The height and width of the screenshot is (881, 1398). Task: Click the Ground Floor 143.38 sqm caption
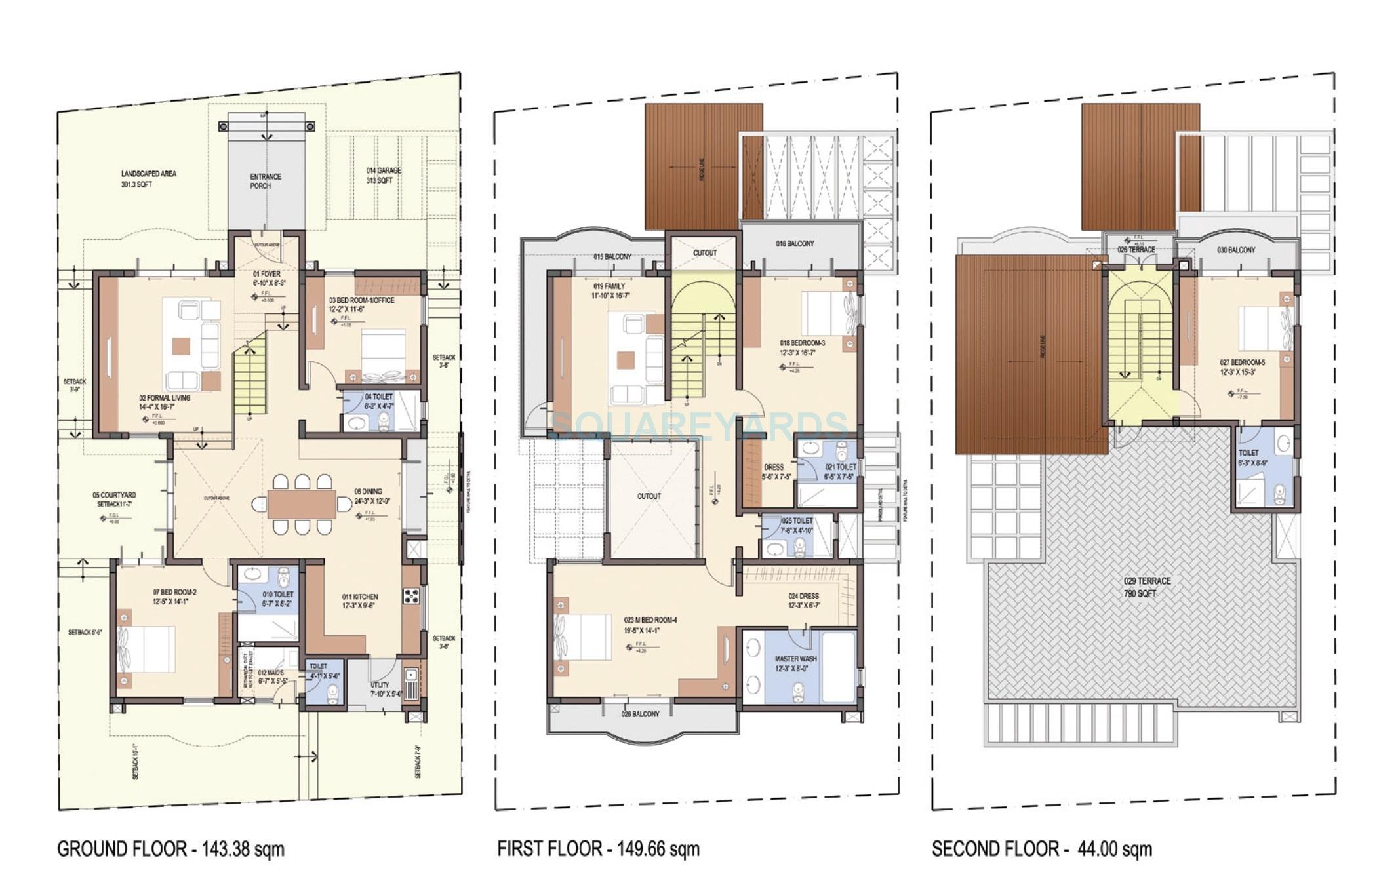pyautogui.click(x=170, y=850)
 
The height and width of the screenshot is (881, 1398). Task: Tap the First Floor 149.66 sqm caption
pyautogui.click(x=598, y=850)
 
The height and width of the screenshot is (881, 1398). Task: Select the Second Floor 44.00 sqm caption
pyautogui.click(x=1041, y=850)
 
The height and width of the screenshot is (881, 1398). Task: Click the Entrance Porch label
pyautogui.click(x=266, y=181)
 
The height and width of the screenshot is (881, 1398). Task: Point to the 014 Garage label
pyautogui.click(x=384, y=175)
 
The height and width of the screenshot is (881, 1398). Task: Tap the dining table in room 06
pyautogui.click(x=302, y=504)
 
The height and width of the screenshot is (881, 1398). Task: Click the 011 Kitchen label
pyautogui.click(x=360, y=601)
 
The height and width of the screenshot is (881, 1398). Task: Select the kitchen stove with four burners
pyautogui.click(x=411, y=597)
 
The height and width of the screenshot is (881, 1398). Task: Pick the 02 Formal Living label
pyautogui.click(x=165, y=402)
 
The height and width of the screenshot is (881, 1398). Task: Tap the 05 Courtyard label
pyautogui.click(x=114, y=499)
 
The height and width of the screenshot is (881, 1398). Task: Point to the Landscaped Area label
pyautogui.click(x=148, y=179)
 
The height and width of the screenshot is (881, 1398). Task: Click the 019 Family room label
pyautogui.click(x=609, y=291)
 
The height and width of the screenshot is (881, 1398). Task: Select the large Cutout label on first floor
pyautogui.click(x=649, y=496)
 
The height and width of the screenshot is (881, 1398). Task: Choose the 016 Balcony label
pyautogui.click(x=795, y=244)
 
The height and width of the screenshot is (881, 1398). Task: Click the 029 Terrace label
pyautogui.click(x=1147, y=587)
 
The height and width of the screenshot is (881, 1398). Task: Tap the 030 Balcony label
pyautogui.click(x=1236, y=250)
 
